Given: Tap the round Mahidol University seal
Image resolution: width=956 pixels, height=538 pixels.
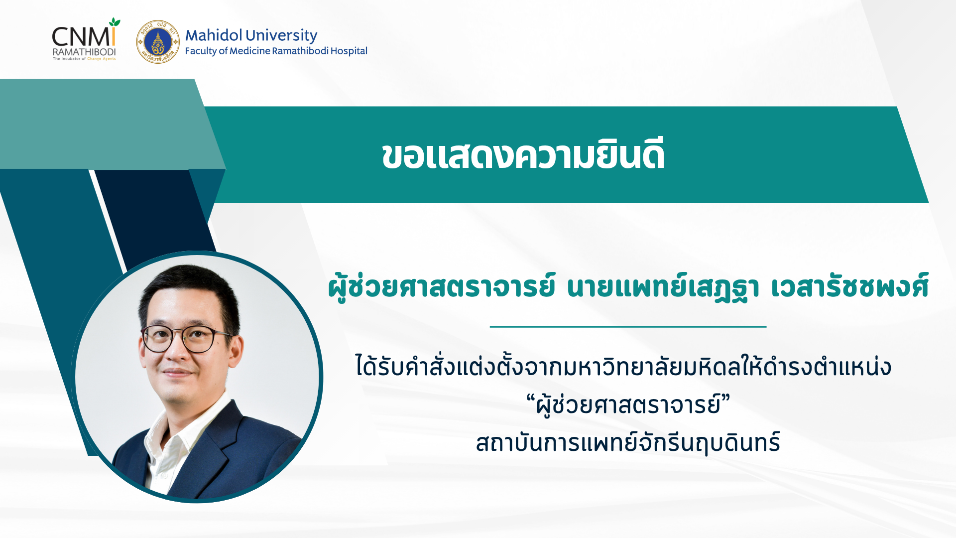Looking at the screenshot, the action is click(x=158, y=42).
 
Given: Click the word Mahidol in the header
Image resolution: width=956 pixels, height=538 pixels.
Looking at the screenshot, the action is click(x=214, y=35).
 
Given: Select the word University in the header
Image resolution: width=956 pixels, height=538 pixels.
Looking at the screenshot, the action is click(x=281, y=36).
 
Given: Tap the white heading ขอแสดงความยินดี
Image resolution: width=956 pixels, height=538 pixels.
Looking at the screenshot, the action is click(x=523, y=155).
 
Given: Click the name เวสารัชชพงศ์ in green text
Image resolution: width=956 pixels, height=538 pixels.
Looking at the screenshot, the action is click(x=849, y=286).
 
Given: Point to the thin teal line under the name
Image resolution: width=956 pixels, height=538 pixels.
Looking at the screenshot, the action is click(x=628, y=327).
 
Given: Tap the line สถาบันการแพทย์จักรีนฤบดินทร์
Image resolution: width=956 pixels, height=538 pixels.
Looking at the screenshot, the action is click(x=628, y=442).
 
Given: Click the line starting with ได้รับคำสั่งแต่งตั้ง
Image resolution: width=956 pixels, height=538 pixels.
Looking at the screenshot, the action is click(x=623, y=366).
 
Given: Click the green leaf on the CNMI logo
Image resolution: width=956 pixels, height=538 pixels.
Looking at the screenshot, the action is click(x=115, y=22).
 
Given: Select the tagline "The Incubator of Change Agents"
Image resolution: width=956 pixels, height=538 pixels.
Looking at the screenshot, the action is click(x=84, y=59).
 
